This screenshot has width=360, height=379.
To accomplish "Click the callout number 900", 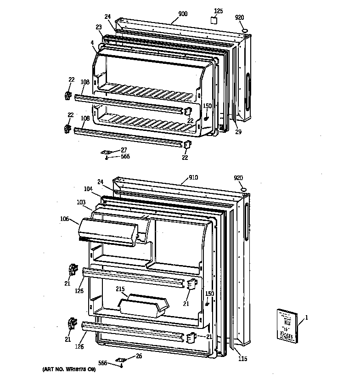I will pos(183,14).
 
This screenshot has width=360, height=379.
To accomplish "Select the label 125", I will pos(219,10).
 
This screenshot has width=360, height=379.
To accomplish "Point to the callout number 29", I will pos(238,132).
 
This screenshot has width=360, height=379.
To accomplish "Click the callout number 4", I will pos(92,44).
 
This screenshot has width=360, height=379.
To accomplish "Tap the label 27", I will pos(124,149).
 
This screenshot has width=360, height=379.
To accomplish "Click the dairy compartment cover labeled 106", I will pos(108,230).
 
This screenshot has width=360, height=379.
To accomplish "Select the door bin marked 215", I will pos(142,305).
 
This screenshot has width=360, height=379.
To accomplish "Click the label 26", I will pos(139,356).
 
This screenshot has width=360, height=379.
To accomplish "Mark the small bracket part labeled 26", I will pos(121,360).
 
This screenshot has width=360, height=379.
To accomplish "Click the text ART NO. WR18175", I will pos(67,370).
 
